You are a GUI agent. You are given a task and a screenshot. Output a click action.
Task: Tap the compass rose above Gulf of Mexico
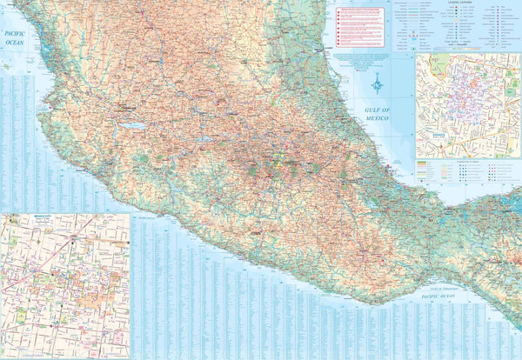[377, 83]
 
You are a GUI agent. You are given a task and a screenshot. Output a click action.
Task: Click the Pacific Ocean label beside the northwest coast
[14, 38]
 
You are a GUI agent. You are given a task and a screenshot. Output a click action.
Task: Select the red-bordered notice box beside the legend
[359, 27]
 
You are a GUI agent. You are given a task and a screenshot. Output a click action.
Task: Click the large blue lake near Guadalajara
[135, 125]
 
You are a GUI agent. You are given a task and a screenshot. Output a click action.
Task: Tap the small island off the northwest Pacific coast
[6, 66]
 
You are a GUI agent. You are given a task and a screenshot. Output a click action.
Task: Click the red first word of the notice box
[344, 13]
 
